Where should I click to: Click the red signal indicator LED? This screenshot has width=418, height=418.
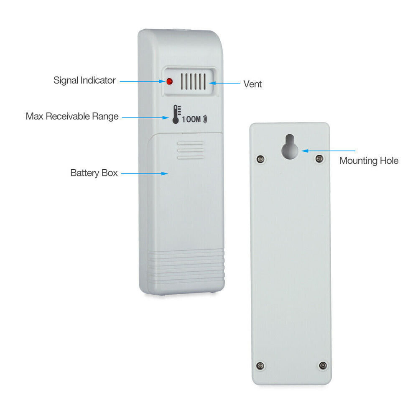click(170, 82)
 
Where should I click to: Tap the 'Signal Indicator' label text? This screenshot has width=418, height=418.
click(84, 80)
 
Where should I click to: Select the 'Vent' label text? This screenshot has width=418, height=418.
click(252, 84)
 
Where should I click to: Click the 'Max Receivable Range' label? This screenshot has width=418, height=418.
click(72, 116)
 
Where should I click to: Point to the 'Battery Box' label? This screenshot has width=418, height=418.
click(94, 173)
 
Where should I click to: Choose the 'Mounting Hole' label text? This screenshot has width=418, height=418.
click(369, 161)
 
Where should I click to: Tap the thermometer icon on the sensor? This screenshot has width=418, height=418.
click(176, 115)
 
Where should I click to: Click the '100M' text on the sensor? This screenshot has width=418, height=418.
click(192, 120)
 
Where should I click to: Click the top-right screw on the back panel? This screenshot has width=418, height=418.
click(319, 158)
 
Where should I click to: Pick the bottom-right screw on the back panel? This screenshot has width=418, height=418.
click(322, 365)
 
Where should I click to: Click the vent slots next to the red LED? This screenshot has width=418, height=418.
click(194, 81)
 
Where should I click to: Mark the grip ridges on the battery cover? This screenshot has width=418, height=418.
click(190, 150)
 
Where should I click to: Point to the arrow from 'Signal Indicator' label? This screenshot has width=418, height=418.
click(143, 81)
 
